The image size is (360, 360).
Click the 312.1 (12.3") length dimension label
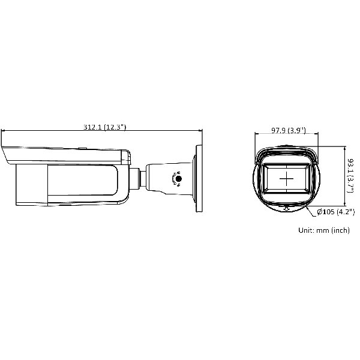click(x=104, y=127)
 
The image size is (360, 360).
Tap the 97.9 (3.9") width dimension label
click(x=289, y=130)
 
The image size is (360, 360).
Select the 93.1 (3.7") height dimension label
click(x=350, y=175)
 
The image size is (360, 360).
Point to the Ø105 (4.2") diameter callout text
click(x=335, y=212)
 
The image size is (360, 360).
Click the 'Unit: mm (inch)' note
click(x=324, y=230)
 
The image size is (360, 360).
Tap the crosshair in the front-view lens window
click(x=286, y=178)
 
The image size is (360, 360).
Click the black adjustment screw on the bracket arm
click(x=178, y=178)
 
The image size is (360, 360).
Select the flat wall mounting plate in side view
click(x=199, y=178)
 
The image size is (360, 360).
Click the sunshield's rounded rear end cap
click(x=126, y=157)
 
